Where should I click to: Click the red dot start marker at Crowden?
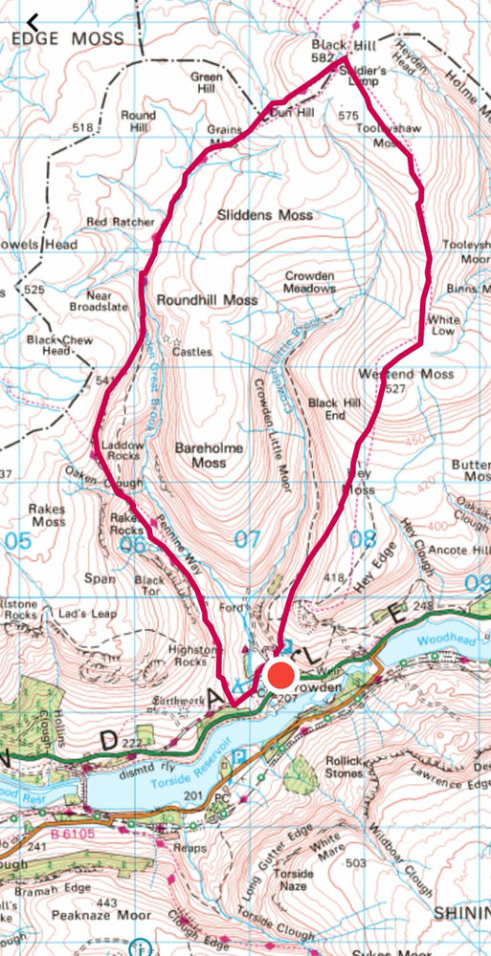pyautogui.click(x=280, y=676)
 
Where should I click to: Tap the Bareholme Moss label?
pyautogui.click(x=208, y=455)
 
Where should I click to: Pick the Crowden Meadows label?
pyautogui.click(x=310, y=281)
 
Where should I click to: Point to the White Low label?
pyautogui.click(x=444, y=326)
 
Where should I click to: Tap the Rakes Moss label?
pyautogui.click(x=47, y=516)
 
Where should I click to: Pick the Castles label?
pyautogui.click(x=191, y=351)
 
